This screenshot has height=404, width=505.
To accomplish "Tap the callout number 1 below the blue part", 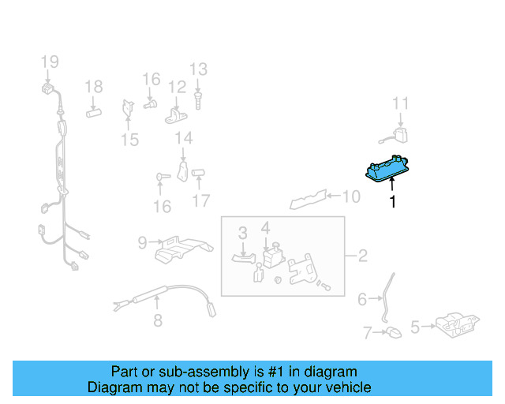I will (391, 202).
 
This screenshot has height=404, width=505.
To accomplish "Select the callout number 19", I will (50, 62).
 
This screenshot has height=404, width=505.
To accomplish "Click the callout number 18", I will (94, 87).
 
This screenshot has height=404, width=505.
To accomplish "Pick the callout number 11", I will (401, 103).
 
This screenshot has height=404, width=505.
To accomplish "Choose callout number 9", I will (143, 243).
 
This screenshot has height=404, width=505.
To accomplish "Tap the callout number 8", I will (157, 320).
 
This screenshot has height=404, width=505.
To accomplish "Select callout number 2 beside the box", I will (362, 256).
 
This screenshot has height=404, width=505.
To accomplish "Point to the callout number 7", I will (367, 333).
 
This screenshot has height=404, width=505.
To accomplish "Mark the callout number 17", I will (201, 201).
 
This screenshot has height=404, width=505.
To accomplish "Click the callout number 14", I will (183, 139).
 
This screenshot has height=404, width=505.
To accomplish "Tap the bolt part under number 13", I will (197, 99).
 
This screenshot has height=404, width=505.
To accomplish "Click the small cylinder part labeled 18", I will (94, 112).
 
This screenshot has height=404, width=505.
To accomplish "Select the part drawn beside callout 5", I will (457, 324).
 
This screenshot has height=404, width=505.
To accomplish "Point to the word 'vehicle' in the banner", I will (347, 387).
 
